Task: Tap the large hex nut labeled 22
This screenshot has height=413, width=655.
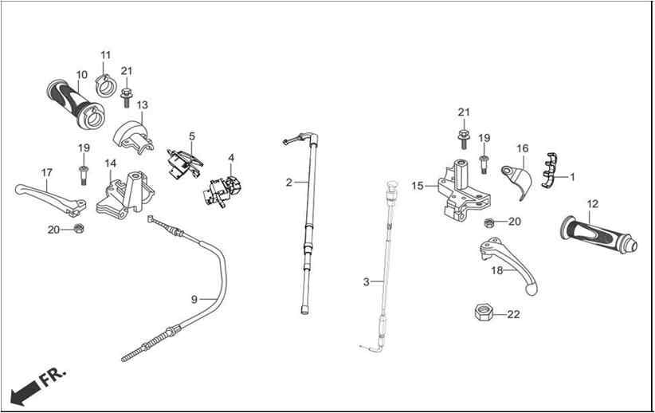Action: pos(484,313)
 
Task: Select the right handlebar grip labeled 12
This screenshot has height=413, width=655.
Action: pos(598,235)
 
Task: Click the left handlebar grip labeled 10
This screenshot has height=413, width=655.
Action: pos(76,103)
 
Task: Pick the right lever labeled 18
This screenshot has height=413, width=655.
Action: pos(510,264)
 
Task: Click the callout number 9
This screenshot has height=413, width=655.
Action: pos(194,299)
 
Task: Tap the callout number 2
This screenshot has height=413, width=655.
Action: pos(289,183)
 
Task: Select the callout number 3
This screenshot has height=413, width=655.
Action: pos(366,282)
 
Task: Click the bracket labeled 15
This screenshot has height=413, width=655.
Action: pos(464,190)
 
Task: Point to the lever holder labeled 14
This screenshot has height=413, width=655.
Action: pos(125,195)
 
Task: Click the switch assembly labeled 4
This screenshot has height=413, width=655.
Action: pos(222,191)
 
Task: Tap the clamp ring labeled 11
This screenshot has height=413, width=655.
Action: pos(106,85)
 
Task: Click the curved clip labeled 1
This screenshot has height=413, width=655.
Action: pos(550,171)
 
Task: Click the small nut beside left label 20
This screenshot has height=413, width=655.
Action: pos(78,228)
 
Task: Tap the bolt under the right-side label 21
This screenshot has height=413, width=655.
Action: pos(462,140)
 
